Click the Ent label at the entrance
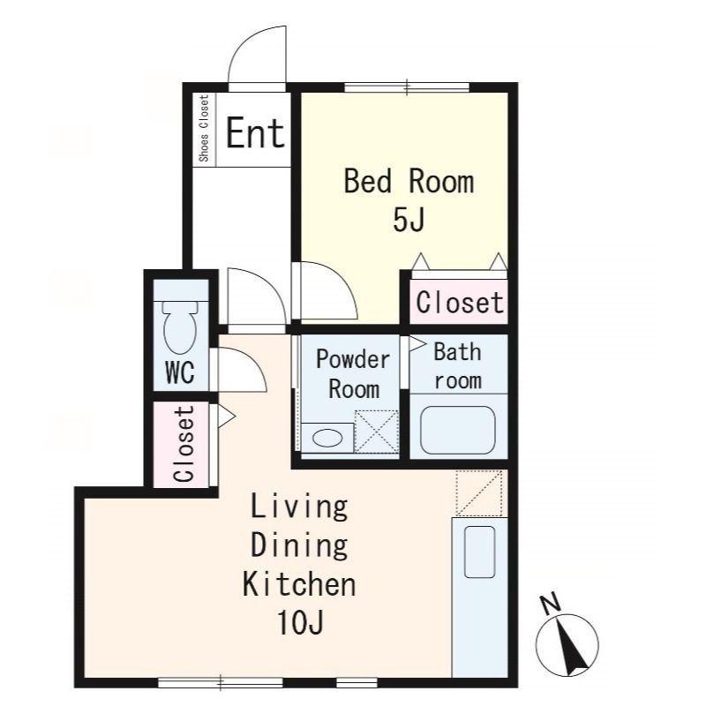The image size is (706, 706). coord(255,133)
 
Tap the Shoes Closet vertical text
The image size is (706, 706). coord(204,128)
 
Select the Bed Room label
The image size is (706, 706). coord(409,181)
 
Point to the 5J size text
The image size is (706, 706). coord(409,220)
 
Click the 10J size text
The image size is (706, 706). coord(300,622)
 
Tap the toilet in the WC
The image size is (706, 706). coord(180,327)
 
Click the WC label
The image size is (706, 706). coord(180,372)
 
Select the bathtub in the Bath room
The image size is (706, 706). coord(458,430)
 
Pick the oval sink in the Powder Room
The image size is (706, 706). coord(327,438)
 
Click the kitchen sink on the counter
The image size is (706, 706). coord(479,552)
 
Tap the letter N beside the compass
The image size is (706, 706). coord(551,605)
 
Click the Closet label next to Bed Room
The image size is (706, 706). coord(459,302)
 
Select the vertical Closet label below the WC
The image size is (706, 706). coord(184,444)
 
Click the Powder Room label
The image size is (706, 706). coord(353,374)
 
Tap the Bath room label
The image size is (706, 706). coord(458,366)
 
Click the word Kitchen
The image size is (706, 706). coord(299,584)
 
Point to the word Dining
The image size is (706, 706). coord(299,545)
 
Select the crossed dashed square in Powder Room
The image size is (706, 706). coord(377,432)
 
